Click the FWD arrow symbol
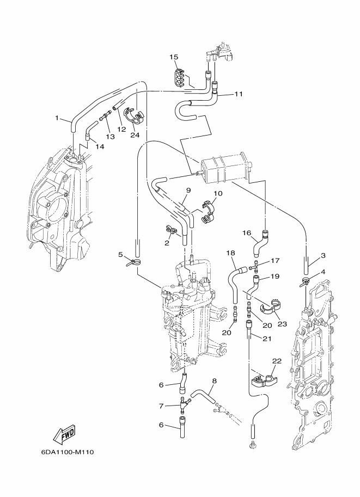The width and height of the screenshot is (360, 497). [64, 434]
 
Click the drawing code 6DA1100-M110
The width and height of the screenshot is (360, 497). [67, 452]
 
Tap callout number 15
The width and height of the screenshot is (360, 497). [174, 57]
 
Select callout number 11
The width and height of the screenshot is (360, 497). [239, 94]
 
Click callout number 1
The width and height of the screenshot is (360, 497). [57, 117]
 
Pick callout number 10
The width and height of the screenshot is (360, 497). [218, 193]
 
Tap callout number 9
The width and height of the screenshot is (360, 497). [188, 191]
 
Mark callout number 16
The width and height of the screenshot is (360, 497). [246, 233]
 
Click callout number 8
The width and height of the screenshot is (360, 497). [214, 381]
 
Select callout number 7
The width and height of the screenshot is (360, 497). [161, 406]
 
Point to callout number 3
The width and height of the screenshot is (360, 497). [323, 255]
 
